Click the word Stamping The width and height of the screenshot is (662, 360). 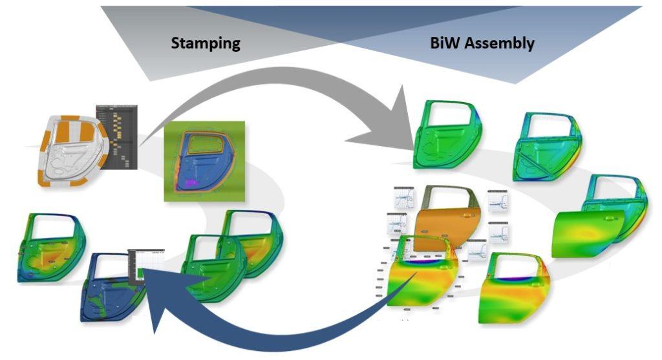click(x=206, y=44)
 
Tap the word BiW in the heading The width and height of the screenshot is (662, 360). click(x=445, y=44)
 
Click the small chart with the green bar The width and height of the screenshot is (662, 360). click(x=146, y=264)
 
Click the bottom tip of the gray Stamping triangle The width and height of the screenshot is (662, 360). click(x=150, y=80)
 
